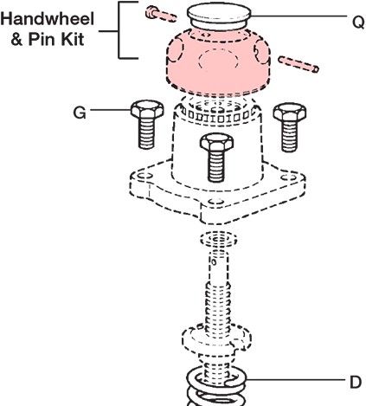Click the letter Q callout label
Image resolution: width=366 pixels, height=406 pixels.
pyautogui.click(x=358, y=22)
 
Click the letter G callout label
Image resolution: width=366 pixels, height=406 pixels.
pyautogui.click(x=80, y=113)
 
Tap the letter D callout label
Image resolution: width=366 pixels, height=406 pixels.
pyautogui.click(x=356, y=383)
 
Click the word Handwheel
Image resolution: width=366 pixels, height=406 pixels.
pyautogui.click(x=48, y=19)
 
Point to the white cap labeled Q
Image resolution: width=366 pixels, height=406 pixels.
pyautogui.click(x=219, y=16)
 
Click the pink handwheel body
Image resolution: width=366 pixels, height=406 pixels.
pyautogui.click(x=218, y=63)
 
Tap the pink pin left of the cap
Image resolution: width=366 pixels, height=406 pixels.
pyautogui.click(x=161, y=15)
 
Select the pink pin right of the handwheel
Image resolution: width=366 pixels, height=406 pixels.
pyautogui.click(x=299, y=64)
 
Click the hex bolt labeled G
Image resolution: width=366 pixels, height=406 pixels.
pyautogui.click(x=147, y=124)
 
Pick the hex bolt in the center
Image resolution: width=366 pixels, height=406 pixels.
pyautogui.click(x=216, y=157)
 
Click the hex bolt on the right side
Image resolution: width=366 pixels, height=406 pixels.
pyautogui.click(x=290, y=126)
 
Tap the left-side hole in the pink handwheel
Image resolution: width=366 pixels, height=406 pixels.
pyautogui.click(x=175, y=50)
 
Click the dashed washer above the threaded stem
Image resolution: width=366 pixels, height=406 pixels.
pyautogui.click(x=219, y=239)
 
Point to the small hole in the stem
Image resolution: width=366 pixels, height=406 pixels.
pyautogui.click(x=214, y=262)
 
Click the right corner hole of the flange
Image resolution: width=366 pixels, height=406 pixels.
pyautogui.click(x=288, y=177)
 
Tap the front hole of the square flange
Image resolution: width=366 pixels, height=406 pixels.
pyautogui.click(x=216, y=201)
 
